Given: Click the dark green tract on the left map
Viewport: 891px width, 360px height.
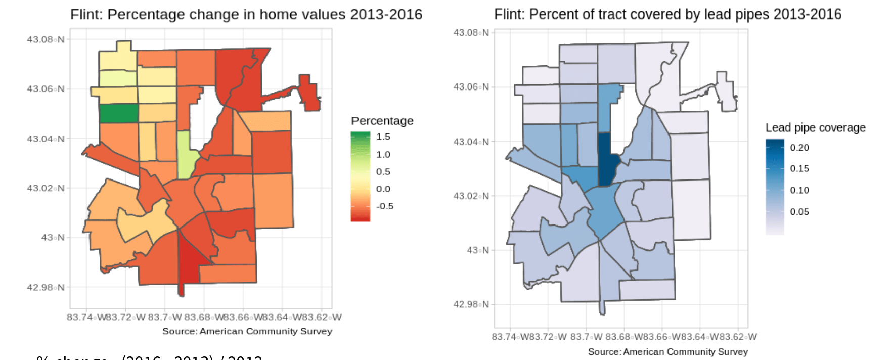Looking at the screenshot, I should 118,113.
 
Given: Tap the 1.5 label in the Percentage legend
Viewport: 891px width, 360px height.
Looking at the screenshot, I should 383,137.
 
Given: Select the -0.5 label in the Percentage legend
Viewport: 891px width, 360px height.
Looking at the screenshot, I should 384,206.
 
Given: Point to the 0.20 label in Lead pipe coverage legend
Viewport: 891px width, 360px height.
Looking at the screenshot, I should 799,148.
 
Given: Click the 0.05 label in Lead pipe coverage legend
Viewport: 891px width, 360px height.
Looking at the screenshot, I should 799,212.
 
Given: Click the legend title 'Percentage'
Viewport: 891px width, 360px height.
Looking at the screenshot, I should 382,121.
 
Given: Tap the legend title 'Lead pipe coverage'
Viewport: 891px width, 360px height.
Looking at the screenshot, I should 815,128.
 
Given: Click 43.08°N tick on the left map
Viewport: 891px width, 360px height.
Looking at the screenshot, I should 46,39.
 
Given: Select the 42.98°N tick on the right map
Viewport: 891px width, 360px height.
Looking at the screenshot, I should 471,304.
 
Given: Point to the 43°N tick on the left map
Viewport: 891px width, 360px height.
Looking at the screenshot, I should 53,238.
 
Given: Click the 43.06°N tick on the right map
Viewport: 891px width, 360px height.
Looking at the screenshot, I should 471,87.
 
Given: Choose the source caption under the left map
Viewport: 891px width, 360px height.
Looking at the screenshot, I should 247,331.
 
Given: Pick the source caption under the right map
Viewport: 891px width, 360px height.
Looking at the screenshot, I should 667,352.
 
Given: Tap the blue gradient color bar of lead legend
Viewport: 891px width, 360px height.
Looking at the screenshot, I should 775,187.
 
